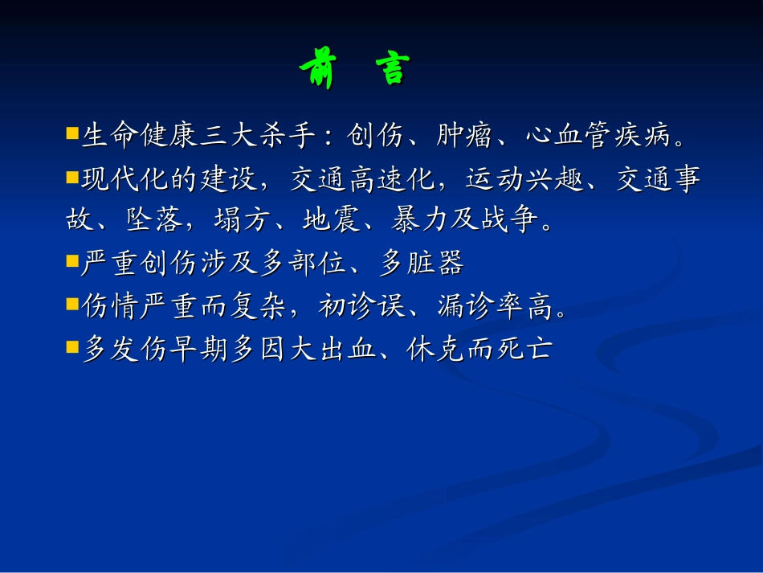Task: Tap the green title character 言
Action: click(x=391, y=70)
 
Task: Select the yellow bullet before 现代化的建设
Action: click(x=71, y=176)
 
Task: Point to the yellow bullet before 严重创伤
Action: click(x=71, y=260)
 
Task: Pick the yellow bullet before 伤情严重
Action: click(x=71, y=304)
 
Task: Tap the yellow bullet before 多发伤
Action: click(x=71, y=347)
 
